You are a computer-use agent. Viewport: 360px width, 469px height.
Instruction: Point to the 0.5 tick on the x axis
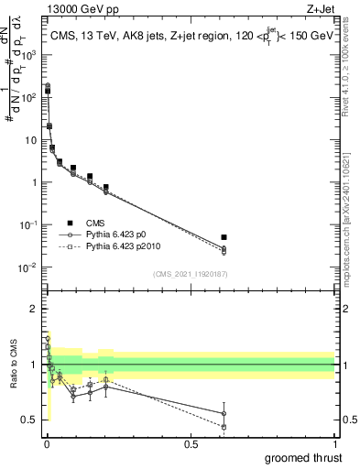pos(191,442)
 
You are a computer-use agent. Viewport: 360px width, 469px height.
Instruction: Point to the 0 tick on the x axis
pos(47,442)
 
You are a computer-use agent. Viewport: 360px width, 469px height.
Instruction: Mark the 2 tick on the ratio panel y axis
pos(31,310)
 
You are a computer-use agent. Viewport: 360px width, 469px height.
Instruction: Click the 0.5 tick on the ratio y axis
pos(28,420)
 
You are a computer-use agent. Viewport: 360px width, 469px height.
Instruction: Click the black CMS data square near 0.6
pos(224,237)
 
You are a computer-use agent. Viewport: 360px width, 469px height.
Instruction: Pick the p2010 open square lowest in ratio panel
pos(224,427)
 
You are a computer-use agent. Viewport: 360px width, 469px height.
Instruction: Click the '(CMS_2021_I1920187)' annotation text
pos(190,274)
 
